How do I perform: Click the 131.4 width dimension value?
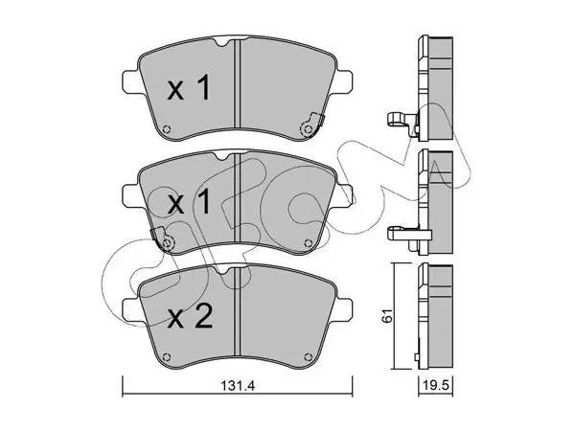238,386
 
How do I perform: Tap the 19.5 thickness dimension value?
436,386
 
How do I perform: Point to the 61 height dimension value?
387,315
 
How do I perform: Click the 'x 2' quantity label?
190,318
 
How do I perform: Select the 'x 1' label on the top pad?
189,87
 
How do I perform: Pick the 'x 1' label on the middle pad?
189,201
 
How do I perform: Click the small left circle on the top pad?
167,129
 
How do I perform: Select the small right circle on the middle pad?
308,242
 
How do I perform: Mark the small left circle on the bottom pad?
167,356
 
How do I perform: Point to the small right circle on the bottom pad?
308,356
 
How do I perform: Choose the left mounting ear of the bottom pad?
131,309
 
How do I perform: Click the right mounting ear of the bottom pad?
343,309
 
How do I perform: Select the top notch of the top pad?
221,42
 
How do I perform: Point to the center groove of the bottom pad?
237,311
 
